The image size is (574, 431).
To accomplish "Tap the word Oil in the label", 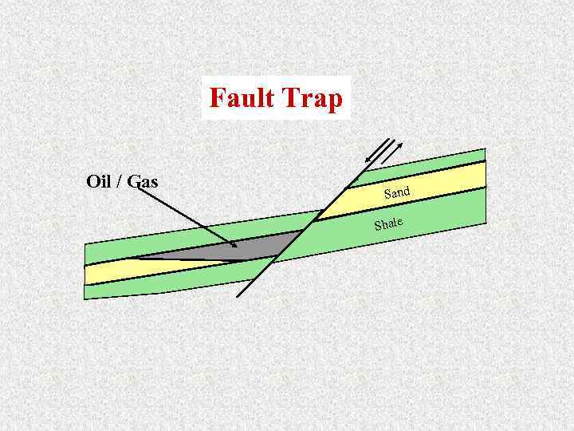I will click(98, 181).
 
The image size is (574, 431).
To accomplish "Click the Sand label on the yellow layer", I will click(396, 192).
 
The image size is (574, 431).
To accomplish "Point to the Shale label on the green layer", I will click(388, 223).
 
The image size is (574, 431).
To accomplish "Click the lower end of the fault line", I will click(238, 295).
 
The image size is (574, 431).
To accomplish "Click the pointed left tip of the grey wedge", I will click(134, 258).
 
